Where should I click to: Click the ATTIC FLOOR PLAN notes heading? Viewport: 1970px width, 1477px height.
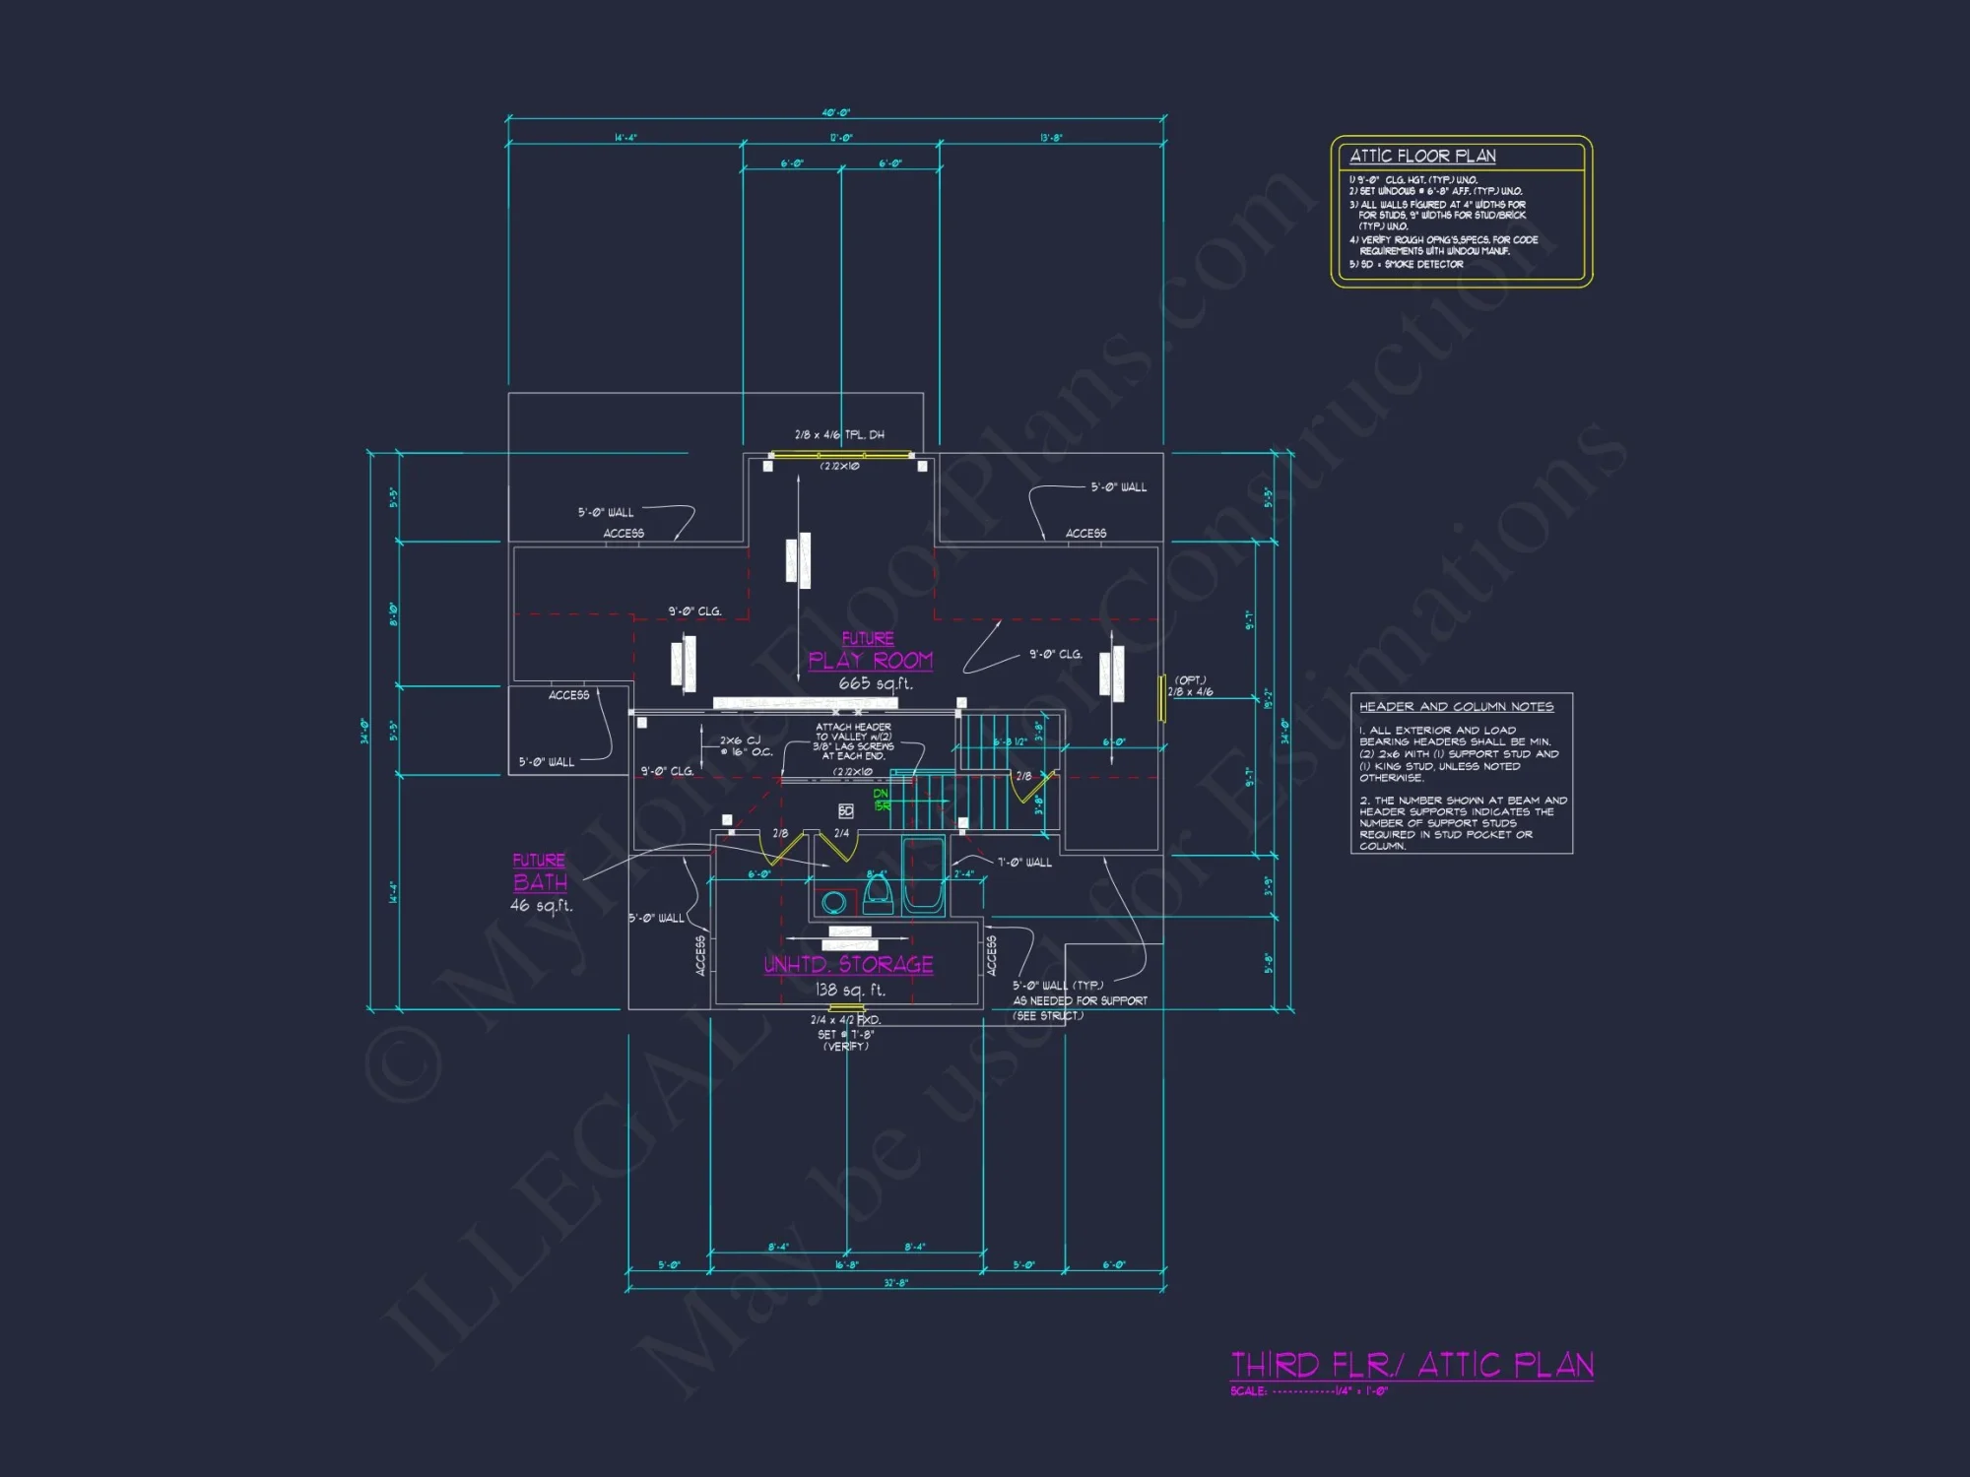point(1422,156)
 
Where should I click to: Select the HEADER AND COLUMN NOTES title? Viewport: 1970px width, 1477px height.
point(1456,707)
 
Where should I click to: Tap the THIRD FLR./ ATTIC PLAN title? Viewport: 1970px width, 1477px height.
point(1412,1365)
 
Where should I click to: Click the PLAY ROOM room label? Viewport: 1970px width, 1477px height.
point(870,661)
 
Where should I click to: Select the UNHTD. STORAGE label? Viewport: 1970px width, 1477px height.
point(848,965)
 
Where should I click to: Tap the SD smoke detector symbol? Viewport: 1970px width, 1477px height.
point(846,810)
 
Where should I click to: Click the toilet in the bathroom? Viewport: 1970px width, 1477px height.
point(878,894)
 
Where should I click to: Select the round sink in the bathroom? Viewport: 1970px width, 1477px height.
point(834,901)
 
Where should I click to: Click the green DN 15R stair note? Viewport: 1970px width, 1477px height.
point(882,800)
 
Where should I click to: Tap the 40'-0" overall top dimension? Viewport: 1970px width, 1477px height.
point(835,113)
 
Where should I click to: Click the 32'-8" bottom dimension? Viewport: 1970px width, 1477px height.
point(895,1283)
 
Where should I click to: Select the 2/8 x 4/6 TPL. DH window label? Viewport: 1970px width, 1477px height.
point(839,434)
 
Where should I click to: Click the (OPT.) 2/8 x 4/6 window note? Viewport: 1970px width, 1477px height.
point(1191,686)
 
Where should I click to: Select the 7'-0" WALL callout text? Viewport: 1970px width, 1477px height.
point(1024,863)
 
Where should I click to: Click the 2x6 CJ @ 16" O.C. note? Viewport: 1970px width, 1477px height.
point(746,746)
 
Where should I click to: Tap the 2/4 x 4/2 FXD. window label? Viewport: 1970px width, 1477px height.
point(845,1020)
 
